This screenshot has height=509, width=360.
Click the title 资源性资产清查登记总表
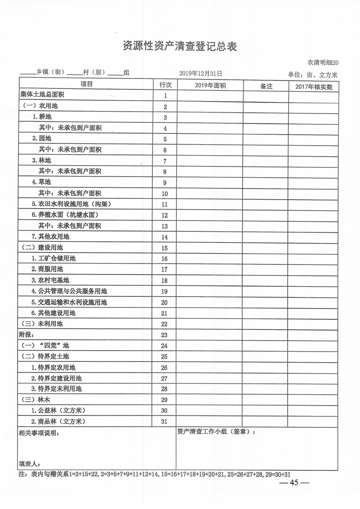click(x=180, y=46)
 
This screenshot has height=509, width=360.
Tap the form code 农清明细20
click(x=323, y=63)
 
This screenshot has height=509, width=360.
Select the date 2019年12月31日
click(x=200, y=73)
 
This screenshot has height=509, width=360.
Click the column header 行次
click(x=165, y=85)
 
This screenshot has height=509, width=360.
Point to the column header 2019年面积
click(x=210, y=85)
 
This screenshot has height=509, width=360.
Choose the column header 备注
click(x=266, y=85)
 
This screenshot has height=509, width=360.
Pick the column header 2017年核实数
click(x=313, y=86)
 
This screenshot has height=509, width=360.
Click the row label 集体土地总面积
click(x=42, y=95)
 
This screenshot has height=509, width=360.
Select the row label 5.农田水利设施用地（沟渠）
click(x=71, y=204)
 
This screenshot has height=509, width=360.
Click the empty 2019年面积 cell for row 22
click(x=210, y=323)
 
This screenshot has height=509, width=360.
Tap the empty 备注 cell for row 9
click(x=266, y=182)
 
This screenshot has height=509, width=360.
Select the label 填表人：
click(x=29, y=464)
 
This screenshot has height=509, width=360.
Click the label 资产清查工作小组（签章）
click(x=216, y=432)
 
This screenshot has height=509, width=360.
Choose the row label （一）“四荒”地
click(x=46, y=345)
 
